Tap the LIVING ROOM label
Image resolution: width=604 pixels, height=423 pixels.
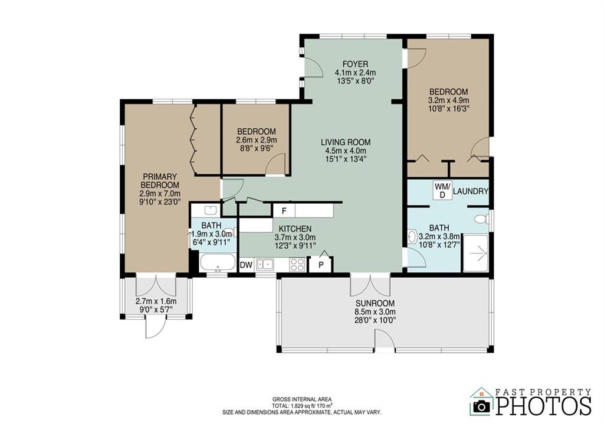coord(346,142)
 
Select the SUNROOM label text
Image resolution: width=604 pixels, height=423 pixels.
coord(375,303)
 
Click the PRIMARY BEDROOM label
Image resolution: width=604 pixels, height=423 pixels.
coord(160,180)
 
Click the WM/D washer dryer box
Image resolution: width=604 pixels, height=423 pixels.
coord(442,190)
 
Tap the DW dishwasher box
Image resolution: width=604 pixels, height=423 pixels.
coord(246,265)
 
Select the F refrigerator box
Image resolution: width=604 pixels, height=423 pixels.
coord(284,211)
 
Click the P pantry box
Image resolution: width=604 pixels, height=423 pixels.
coord(320,265)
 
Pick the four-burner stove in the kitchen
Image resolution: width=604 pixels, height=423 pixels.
coord(297,265)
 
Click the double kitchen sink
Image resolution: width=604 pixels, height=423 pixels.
coord(264,265)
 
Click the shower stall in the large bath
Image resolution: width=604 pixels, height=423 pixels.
coord(476,253)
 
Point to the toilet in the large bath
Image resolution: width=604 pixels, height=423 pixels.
coord(481,219)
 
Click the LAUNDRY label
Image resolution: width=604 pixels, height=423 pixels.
coord(470,191)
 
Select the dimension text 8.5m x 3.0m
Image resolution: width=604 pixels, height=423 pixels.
coord(375,311)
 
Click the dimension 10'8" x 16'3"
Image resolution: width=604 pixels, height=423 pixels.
coord(448,108)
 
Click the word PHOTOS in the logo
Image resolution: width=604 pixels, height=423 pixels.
coord(543,405)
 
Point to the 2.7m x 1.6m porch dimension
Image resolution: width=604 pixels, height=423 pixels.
coord(156,301)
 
